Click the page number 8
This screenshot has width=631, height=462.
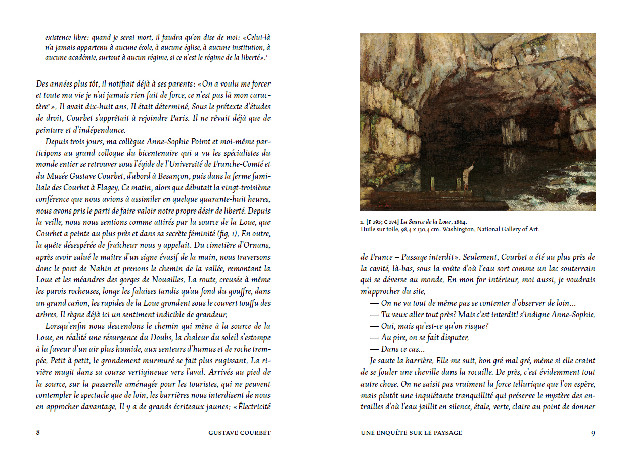(x=38, y=433)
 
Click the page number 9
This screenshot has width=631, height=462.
(x=593, y=433)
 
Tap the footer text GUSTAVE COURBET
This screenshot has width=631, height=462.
(x=239, y=433)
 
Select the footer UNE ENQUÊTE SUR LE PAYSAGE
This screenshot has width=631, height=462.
(x=411, y=433)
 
